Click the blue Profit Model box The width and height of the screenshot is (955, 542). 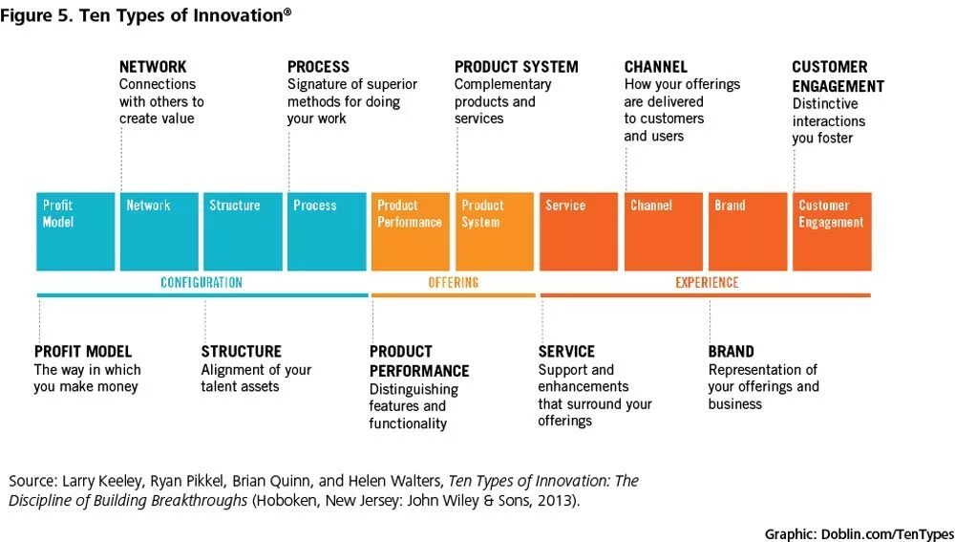click(75, 231)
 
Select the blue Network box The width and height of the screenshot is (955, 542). click(159, 231)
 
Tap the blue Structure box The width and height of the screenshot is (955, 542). click(243, 231)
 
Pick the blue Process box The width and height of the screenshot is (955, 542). click(327, 231)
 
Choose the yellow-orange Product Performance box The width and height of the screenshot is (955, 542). click(411, 231)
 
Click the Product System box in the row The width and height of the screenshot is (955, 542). click(495, 231)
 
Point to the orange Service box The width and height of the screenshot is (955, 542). click(579, 231)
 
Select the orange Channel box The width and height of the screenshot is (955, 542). click(663, 231)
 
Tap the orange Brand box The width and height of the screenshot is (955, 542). click(747, 231)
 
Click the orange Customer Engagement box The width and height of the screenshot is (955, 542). click(831, 231)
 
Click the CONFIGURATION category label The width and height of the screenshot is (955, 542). click(202, 283)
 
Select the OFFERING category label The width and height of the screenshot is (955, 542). click(454, 283)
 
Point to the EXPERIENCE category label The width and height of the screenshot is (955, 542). click(707, 283)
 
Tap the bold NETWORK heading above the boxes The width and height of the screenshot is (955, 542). click(153, 67)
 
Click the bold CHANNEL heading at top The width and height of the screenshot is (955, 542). click(656, 67)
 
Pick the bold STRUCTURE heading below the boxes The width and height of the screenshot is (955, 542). click(242, 352)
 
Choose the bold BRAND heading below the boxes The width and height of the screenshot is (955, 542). click(732, 352)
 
